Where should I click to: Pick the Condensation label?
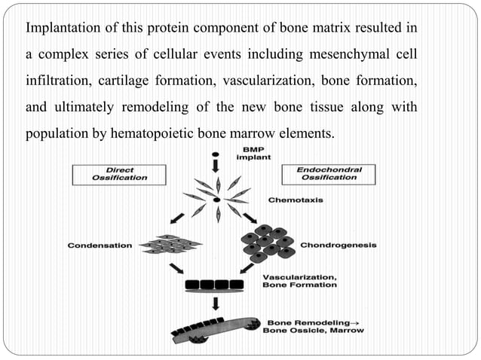pyautogui.click(x=100, y=246)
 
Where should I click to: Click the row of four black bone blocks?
pyautogui.click(x=214, y=285)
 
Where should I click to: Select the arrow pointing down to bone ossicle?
pyautogui.click(x=216, y=304)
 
